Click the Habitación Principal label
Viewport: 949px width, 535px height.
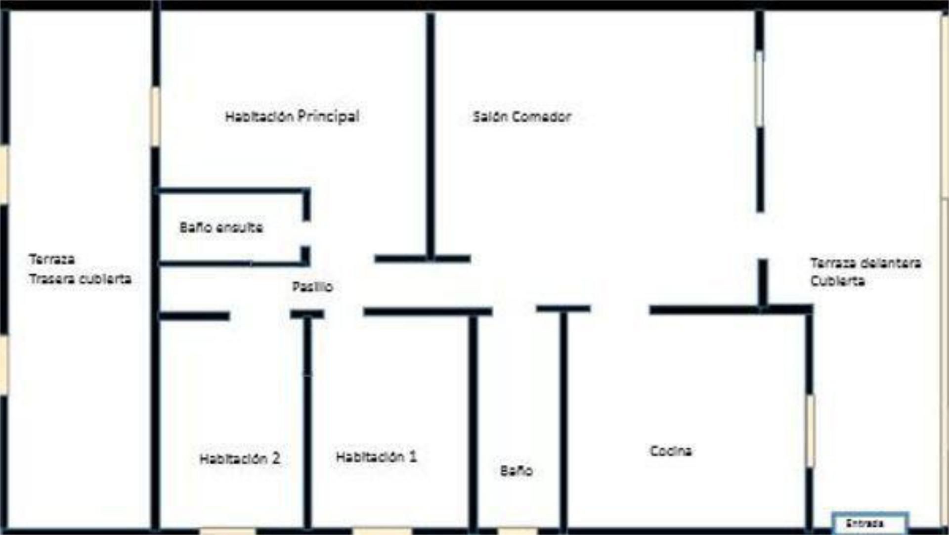[292, 117]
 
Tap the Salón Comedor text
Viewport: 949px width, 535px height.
[522, 117]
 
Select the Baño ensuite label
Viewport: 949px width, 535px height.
[221, 227]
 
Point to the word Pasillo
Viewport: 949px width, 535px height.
[312, 286]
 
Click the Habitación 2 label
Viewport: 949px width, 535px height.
[240, 458]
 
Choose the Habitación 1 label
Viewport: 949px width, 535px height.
[376, 456]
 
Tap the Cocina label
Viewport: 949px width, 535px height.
[671, 450]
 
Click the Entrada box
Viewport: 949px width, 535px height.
[870, 523]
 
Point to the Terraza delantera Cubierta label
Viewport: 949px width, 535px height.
[865, 271]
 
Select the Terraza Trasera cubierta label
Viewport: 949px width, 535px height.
[80, 269]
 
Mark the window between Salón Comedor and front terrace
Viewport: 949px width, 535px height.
[760, 89]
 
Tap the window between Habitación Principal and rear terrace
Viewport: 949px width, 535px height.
[156, 117]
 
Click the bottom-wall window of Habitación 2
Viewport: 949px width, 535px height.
[228, 531]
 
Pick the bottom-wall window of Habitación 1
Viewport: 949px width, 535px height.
[382, 531]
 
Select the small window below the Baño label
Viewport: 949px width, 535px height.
[517, 531]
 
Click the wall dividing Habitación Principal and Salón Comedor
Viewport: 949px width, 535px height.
[431, 134]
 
